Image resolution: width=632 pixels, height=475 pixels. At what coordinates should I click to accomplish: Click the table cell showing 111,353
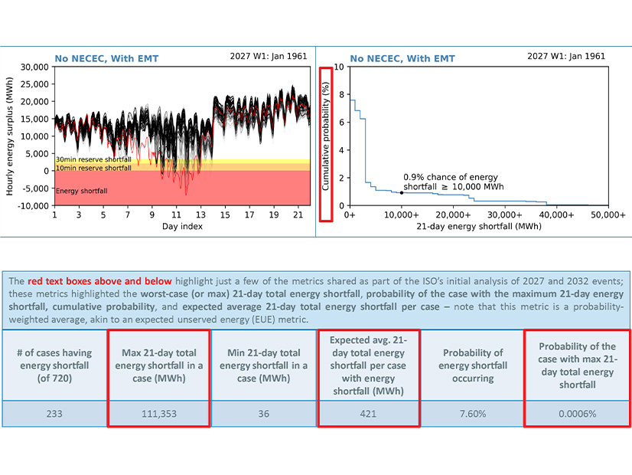pyautogui.click(x=158, y=413)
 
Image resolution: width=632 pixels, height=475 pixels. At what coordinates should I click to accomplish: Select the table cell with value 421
pyautogui.click(x=368, y=413)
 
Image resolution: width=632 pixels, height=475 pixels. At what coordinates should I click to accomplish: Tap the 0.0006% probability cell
pyautogui.click(x=576, y=413)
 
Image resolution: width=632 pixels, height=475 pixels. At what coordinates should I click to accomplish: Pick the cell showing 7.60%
pyautogui.click(x=472, y=413)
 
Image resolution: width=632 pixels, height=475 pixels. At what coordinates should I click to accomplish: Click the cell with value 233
pyautogui.click(x=54, y=413)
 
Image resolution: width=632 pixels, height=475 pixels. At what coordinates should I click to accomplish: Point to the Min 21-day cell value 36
pyautogui.click(x=263, y=413)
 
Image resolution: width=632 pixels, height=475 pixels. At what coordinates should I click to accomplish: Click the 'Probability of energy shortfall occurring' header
pyautogui.click(x=472, y=365)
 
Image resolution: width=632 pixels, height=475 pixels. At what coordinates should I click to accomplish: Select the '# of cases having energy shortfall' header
pyautogui.click(x=54, y=365)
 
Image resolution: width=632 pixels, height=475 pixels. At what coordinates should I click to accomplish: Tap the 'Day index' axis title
pyautogui.click(x=181, y=227)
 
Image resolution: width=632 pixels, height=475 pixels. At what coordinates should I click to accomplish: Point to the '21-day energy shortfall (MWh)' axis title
pyautogui.click(x=479, y=227)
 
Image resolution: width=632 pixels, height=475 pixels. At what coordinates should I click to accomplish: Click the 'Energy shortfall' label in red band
pyautogui.click(x=82, y=190)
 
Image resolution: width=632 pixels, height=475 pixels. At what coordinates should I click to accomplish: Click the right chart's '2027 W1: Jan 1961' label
pyautogui.click(x=566, y=56)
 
